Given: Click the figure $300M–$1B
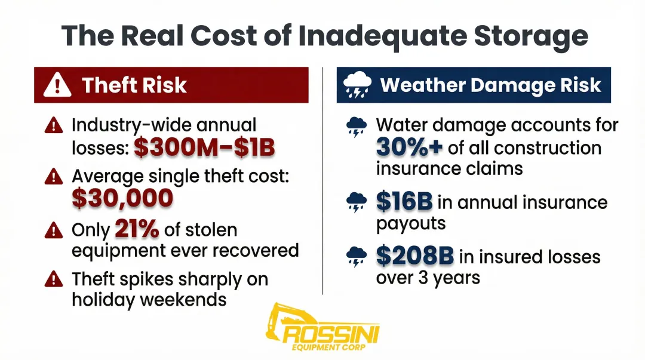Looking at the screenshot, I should (x=204, y=147).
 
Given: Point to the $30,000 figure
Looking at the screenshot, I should (x=122, y=198).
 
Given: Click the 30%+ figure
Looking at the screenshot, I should (x=409, y=146).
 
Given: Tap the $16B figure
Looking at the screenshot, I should (x=404, y=202).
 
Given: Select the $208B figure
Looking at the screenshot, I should (x=414, y=256).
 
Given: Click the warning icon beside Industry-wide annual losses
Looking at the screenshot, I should (x=54, y=126).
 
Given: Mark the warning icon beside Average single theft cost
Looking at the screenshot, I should (x=54, y=176).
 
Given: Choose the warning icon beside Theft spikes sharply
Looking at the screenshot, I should (x=54, y=279).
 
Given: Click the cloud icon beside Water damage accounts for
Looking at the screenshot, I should (x=357, y=127).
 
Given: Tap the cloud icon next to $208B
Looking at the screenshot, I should (x=357, y=257).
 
